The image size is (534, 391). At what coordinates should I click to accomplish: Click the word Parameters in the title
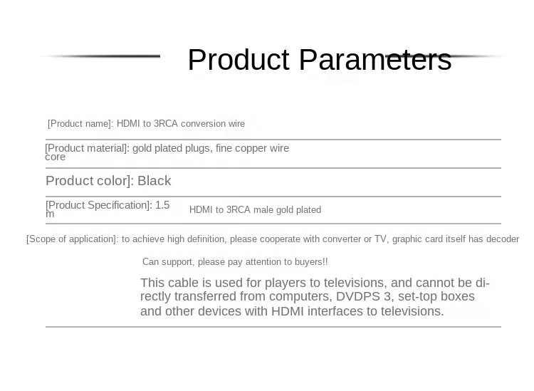point(375,60)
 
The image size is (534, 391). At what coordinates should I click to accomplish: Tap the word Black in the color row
point(154,181)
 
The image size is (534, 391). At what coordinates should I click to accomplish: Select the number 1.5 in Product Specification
point(162,205)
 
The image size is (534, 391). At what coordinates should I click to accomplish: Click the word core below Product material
point(55,157)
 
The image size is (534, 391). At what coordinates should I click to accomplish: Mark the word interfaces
point(342,311)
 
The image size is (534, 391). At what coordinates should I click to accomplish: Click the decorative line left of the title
point(99,56)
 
